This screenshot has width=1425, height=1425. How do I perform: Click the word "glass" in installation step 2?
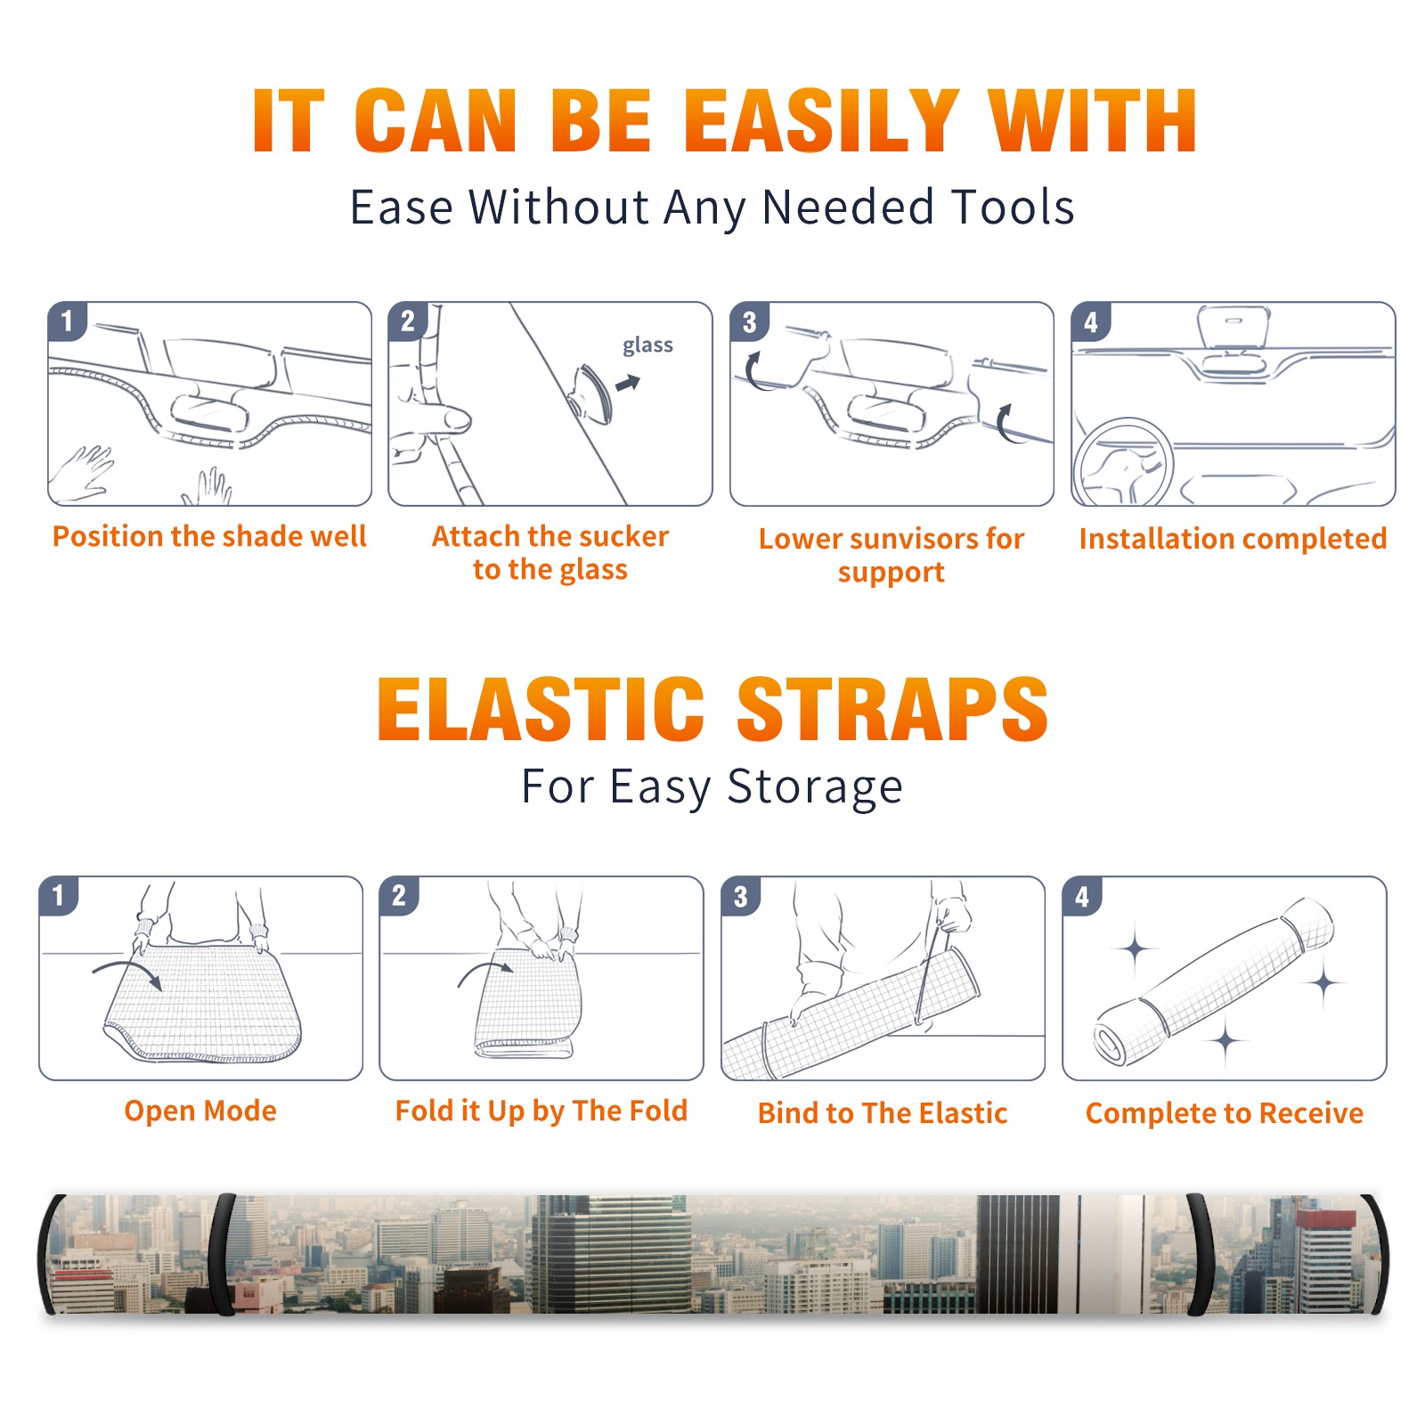(647, 346)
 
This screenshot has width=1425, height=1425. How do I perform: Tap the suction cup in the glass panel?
(591, 393)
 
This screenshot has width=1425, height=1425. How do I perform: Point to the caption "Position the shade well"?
(209, 536)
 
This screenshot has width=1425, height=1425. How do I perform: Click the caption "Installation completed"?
(1233, 539)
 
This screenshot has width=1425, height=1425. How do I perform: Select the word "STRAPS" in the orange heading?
(892, 709)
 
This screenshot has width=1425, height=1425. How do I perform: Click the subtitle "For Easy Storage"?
(712, 787)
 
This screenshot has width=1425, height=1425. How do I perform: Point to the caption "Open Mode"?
(200, 1111)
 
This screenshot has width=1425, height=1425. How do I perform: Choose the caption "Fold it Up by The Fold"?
(541, 1111)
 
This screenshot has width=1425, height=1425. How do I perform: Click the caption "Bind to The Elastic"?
(883, 1113)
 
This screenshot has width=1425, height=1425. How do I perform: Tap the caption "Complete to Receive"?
(1225, 1113)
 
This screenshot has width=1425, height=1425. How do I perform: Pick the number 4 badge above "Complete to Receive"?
(1082, 896)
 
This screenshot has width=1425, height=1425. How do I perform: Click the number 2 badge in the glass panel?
(408, 322)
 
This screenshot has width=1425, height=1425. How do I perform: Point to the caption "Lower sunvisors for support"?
(892, 555)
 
